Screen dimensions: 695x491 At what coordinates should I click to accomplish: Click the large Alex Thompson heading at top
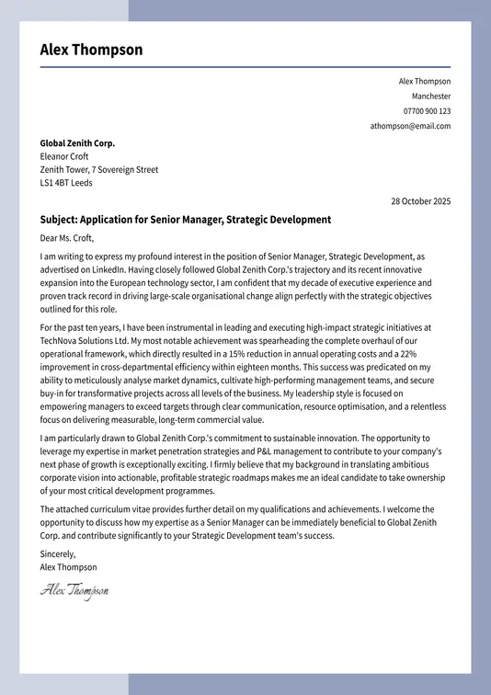click(91, 50)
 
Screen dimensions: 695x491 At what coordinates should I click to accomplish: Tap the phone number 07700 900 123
click(427, 111)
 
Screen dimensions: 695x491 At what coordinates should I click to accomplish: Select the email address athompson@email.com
click(410, 126)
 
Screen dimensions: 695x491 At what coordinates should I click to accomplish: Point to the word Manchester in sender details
click(431, 97)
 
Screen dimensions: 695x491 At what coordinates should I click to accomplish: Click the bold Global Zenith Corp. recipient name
click(77, 143)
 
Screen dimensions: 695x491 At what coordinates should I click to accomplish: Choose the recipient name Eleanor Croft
click(64, 156)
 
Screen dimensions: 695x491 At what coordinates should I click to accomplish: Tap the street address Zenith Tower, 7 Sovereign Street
click(99, 169)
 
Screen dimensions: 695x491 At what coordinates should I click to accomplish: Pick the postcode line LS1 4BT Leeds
click(66, 182)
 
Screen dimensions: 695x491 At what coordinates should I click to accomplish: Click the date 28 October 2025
click(420, 201)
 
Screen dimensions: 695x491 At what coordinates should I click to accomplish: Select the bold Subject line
click(185, 220)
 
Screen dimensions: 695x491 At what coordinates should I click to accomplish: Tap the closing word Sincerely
click(58, 554)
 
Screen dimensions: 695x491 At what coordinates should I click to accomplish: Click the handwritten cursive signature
click(74, 590)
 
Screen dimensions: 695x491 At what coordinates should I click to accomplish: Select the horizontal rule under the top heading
click(245, 67)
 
